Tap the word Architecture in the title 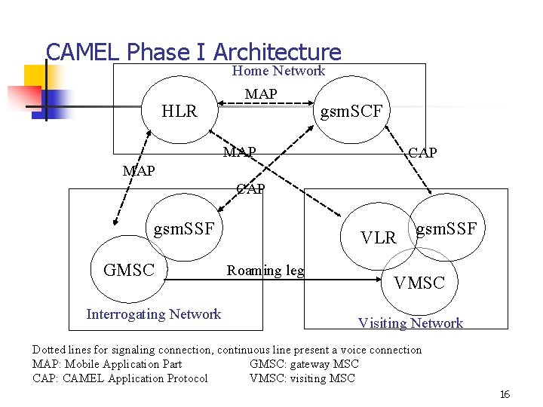[x=277, y=52]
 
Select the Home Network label [x=278, y=71]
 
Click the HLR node [x=179, y=112]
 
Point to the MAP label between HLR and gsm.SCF [x=261, y=93]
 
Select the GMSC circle [x=128, y=269]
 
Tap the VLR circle [x=378, y=237]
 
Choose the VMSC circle [x=419, y=283]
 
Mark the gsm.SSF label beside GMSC [x=184, y=228]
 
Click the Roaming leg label [x=265, y=271]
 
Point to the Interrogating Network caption [x=154, y=314]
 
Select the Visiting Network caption [x=410, y=323]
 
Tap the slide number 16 [x=505, y=395]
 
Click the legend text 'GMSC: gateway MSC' [x=304, y=364]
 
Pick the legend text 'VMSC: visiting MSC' [x=302, y=378]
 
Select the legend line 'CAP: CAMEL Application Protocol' [x=120, y=378]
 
